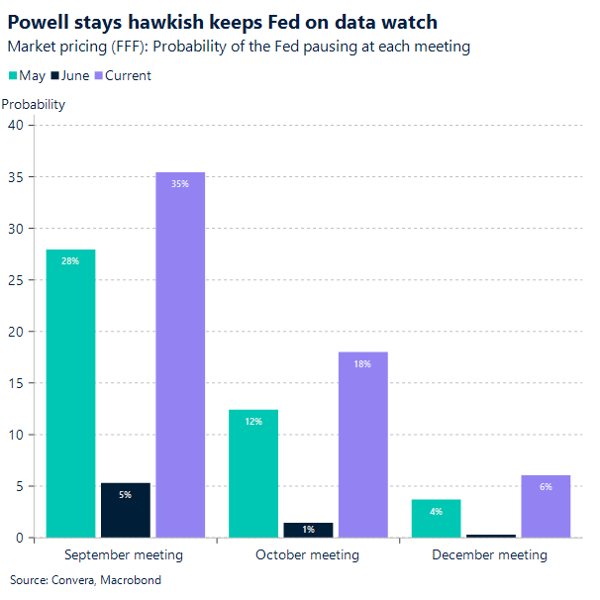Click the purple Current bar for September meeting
180,355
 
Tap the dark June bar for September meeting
125,511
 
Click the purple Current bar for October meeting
362,445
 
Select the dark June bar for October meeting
308,531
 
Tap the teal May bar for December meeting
436,519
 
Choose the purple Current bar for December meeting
546,507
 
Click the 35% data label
180,184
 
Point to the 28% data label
70,261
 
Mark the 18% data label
362,364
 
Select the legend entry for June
69,76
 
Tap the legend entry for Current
123,76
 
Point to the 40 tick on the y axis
15,126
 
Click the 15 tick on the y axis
15,383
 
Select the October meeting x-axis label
308,555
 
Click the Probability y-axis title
34,104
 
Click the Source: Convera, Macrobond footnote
85,580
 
